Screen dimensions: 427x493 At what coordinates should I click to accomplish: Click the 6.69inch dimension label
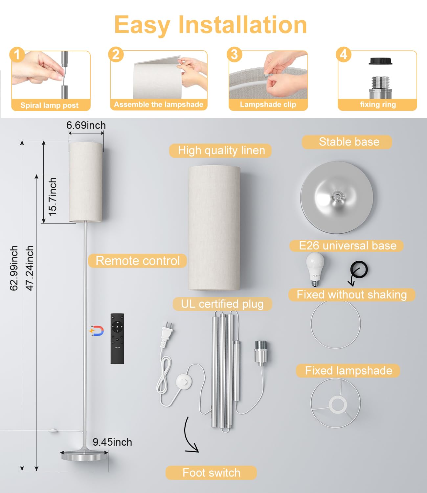[x=86, y=126]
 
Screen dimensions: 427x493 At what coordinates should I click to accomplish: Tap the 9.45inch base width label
[x=112, y=442]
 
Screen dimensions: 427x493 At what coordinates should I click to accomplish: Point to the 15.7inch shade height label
[x=53, y=197]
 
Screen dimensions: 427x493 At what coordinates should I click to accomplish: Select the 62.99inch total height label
[x=14, y=268]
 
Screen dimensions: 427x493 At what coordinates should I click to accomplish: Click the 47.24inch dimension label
[x=30, y=268]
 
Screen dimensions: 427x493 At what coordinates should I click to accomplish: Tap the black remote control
[x=117, y=339]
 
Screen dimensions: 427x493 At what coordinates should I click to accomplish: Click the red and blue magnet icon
[x=97, y=331]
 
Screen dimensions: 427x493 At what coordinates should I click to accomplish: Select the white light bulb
[x=315, y=269]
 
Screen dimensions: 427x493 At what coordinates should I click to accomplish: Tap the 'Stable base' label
[x=349, y=142]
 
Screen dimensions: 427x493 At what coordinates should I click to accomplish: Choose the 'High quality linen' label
[x=221, y=151]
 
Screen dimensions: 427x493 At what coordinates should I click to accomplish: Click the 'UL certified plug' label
[x=222, y=304]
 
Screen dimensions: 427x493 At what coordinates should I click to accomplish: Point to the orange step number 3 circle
[x=235, y=54]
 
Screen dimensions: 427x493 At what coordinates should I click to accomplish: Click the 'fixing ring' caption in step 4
[x=378, y=105]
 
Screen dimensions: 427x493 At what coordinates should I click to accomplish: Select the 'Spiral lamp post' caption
[x=49, y=105]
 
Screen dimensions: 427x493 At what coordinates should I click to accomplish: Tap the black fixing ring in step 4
[x=380, y=61]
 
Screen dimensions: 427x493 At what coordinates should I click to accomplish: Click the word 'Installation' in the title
[x=243, y=25]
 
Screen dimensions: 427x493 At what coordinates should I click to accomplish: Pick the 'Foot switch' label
[x=211, y=473]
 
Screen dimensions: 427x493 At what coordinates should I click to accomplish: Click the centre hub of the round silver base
[x=336, y=196]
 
